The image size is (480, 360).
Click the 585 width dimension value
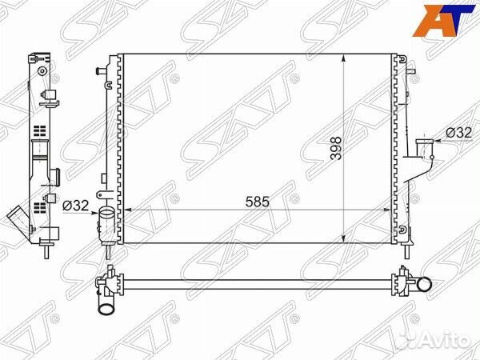pos(257,202)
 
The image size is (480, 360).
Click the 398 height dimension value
pos(336,149)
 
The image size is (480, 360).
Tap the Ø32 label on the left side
pos(76,206)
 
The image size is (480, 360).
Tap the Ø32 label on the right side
pos(458,133)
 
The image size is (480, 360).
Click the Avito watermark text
pos(447,340)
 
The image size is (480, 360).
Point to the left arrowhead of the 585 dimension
pos(127,210)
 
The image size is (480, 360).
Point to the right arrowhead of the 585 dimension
pos(387,210)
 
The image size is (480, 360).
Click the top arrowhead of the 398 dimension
pos(344,58)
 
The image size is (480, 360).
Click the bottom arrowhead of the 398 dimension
pos(344,239)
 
